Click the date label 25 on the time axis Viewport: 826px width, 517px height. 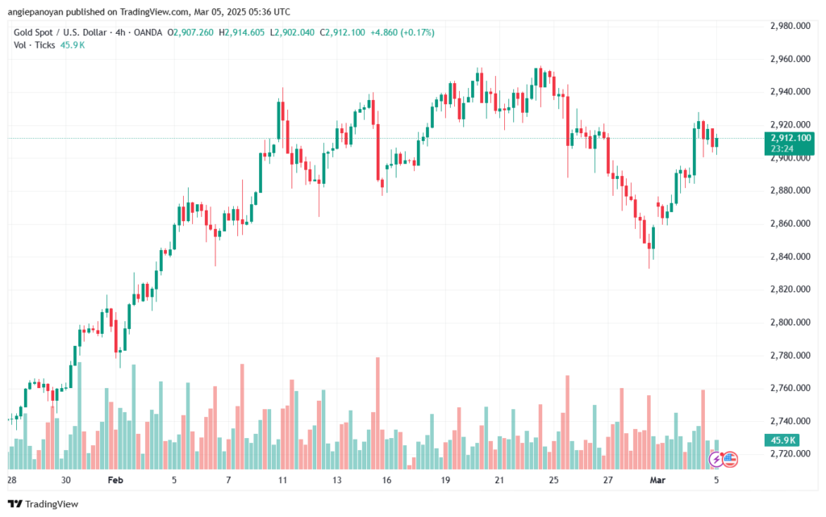pos(553,479)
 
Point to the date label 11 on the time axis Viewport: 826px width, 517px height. pos(282,479)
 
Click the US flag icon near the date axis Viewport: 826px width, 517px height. pos(730,459)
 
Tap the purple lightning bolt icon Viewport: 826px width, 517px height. pos(716,459)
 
